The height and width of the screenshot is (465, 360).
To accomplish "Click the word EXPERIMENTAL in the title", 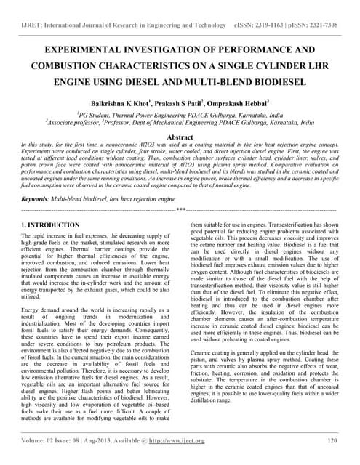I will [x=83, y=52].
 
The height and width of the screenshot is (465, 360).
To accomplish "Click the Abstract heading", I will [x=180, y=137].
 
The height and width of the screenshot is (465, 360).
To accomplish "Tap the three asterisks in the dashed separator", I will [x=180, y=209].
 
